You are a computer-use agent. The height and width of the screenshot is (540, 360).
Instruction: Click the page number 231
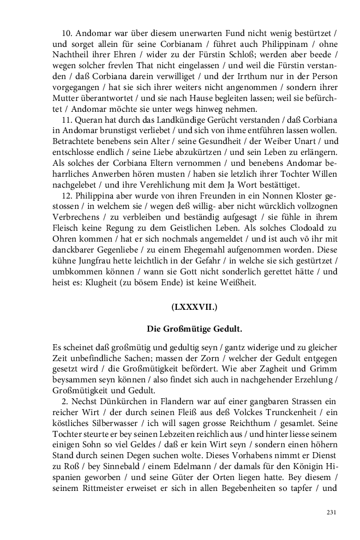(x=331, y=512)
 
